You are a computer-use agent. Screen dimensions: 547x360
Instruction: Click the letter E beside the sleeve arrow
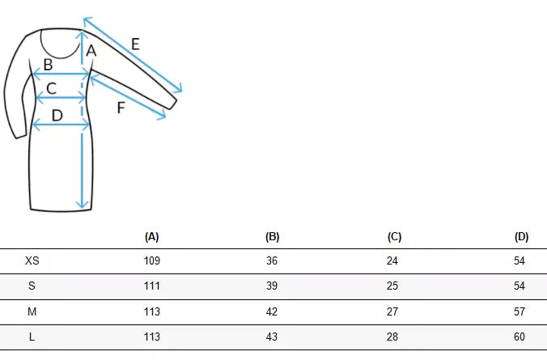[x=135, y=44]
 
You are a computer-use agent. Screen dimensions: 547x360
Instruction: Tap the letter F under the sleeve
[x=121, y=108]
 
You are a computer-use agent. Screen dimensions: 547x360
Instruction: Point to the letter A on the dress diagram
[x=91, y=51]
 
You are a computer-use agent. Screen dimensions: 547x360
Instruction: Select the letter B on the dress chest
[x=48, y=65]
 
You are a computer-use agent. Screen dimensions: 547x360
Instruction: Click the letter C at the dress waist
[x=51, y=88]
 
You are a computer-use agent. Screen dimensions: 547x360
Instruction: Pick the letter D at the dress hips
[x=57, y=116]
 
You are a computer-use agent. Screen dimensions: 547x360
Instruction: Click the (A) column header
[x=152, y=237]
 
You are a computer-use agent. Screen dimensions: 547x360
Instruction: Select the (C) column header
[x=394, y=237]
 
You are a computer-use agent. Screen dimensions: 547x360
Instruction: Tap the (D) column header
[x=521, y=237]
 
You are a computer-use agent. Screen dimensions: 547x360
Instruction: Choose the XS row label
[x=32, y=260]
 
